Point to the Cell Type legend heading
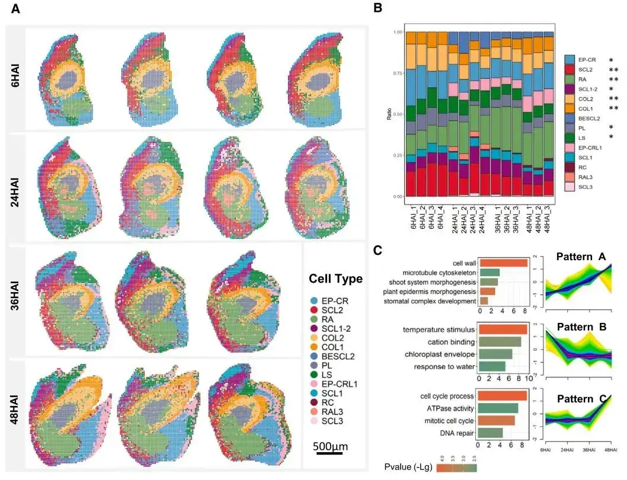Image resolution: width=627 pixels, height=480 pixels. click(x=335, y=279)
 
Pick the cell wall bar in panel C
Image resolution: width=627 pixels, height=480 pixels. click(x=503, y=263)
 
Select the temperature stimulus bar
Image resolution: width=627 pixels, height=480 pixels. click(x=503, y=329)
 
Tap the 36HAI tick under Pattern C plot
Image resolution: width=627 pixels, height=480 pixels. click(x=589, y=450)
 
